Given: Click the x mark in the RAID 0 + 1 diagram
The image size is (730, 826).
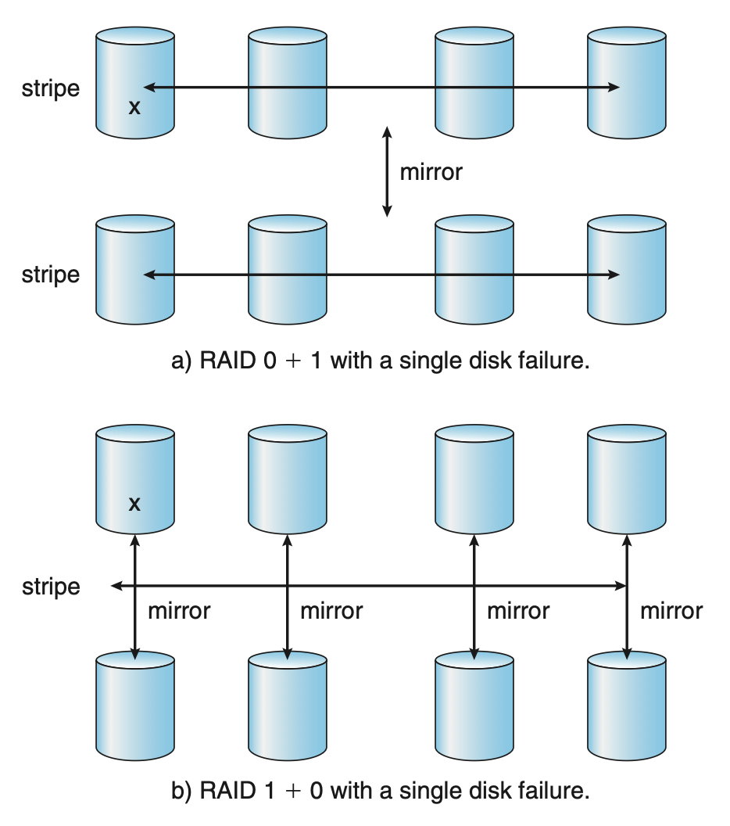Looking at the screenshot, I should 134,107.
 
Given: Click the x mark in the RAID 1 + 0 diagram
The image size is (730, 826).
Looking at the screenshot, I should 134,505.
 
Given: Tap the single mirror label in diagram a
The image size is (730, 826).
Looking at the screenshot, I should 431,171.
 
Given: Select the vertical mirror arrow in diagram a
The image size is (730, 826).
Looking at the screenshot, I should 386,171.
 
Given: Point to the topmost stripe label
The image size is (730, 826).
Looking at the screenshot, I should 51,88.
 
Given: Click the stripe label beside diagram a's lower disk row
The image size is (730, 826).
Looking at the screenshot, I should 51,275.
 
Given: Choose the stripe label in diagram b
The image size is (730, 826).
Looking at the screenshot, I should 51,587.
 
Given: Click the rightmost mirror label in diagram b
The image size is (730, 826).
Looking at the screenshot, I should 671,610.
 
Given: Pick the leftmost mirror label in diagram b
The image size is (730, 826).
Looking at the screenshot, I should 179,610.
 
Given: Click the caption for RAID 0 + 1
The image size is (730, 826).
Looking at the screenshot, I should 378,361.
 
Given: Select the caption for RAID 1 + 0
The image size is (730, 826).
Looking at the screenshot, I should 379,790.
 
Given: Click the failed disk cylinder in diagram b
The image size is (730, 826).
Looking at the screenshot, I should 134,479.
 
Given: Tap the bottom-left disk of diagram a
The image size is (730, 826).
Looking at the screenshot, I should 134,271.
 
